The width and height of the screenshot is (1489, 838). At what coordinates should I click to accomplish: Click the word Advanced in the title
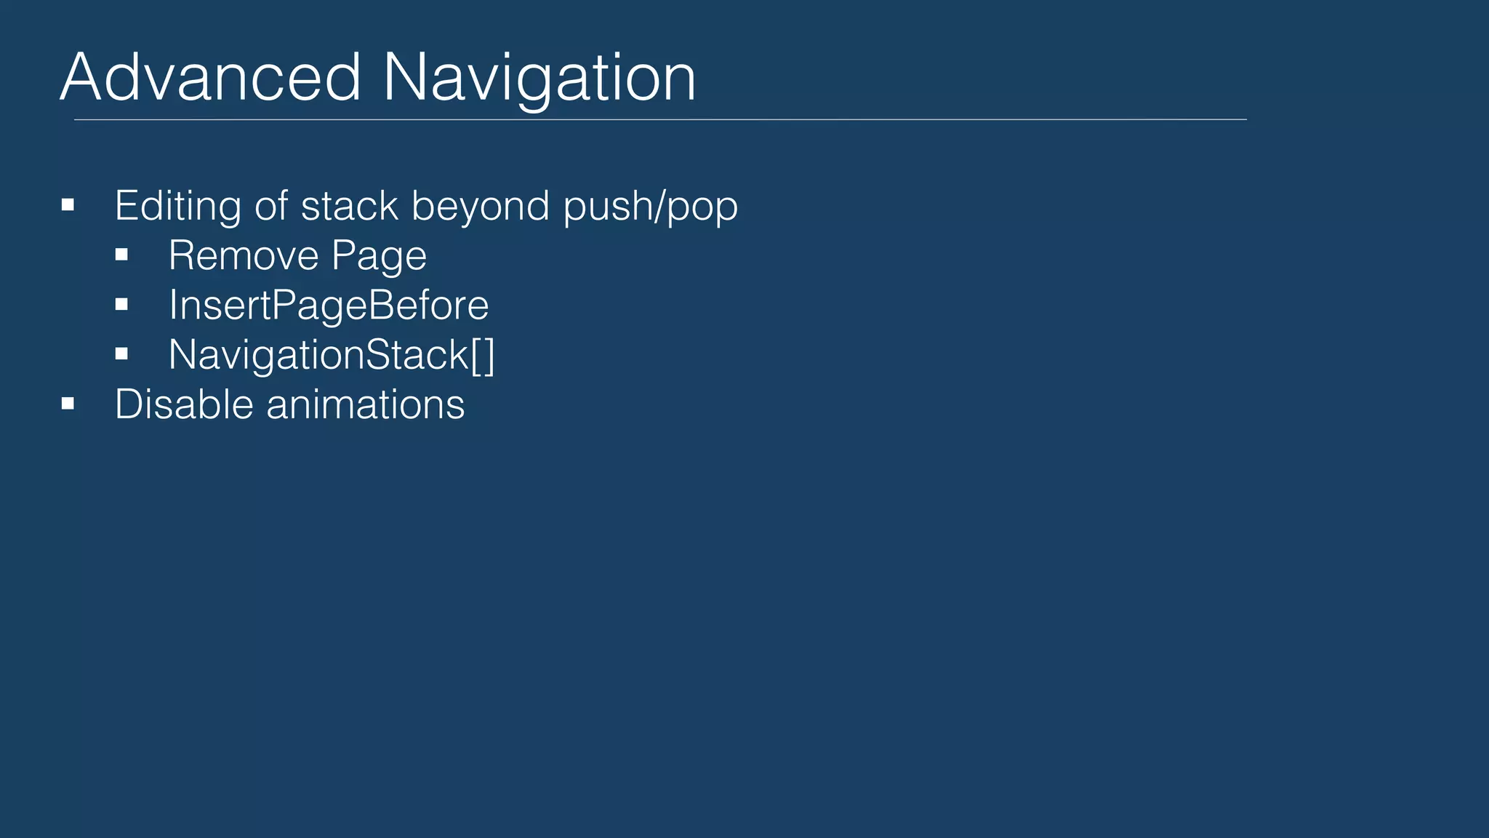(210, 77)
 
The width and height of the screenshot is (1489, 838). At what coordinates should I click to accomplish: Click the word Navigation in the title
(539, 79)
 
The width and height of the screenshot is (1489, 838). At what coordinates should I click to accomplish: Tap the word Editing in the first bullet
(177, 207)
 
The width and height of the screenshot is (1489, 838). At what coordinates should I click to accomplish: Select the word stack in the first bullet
(349, 207)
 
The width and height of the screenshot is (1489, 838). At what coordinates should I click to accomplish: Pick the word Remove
(244, 256)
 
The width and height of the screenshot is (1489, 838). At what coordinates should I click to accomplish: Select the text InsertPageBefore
(329, 306)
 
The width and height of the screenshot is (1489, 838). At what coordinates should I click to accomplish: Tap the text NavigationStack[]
(332, 355)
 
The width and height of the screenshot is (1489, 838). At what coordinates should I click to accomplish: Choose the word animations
(365, 404)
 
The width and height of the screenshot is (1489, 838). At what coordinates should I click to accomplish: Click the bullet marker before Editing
(68, 206)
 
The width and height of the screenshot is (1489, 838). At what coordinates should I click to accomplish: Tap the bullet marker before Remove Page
(121, 255)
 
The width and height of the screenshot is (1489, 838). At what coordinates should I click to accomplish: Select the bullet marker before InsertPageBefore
(121, 305)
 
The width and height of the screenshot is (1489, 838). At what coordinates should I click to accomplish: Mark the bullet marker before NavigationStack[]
(121, 354)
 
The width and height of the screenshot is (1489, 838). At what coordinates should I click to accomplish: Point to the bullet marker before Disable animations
(68, 404)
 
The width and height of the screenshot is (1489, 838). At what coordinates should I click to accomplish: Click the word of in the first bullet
(271, 207)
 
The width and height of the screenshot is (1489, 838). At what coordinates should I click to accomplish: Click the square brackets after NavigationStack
(483, 355)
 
